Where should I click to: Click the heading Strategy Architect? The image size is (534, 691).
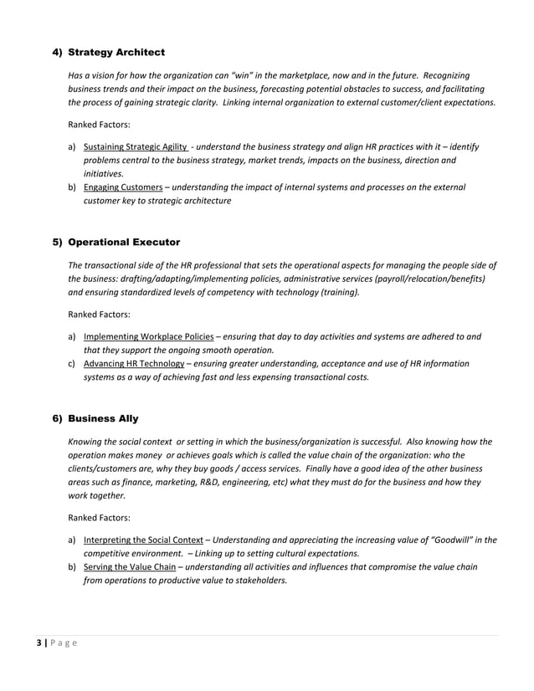point(116,53)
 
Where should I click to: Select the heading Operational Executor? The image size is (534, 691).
point(123,243)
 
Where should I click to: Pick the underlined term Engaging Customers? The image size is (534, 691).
point(123,187)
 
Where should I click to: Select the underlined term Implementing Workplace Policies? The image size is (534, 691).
point(148,337)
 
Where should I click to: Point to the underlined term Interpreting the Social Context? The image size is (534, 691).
point(143,540)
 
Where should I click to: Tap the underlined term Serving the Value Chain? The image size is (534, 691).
point(130,566)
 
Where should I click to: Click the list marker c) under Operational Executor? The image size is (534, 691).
point(72,364)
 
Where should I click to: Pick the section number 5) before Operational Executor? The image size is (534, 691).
point(58,243)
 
